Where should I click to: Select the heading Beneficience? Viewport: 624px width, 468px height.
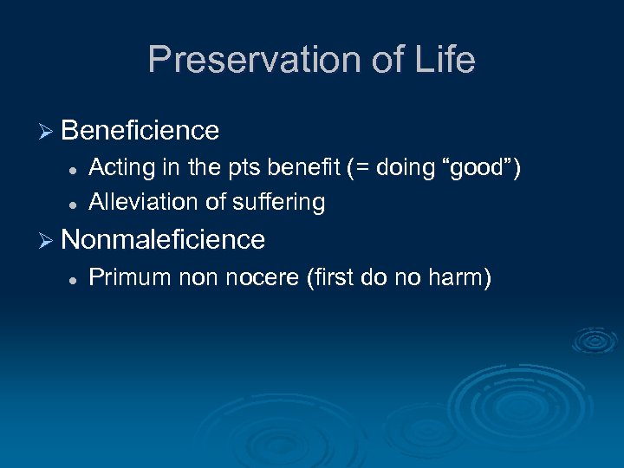click(x=140, y=131)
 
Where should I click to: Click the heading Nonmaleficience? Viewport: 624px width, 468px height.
click(x=163, y=239)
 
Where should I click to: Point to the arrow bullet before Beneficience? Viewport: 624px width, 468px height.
click(x=48, y=131)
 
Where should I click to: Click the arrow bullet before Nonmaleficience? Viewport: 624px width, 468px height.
click(x=48, y=239)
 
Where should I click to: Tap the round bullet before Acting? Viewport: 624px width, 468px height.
click(x=75, y=168)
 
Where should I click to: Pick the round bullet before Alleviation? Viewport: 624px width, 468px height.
click(x=75, y=203)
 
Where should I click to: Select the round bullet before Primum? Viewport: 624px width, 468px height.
click(x=75, y=278)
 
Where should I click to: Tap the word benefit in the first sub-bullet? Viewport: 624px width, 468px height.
click(x=284, y=167)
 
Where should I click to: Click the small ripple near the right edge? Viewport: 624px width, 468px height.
click(x=595, y=340)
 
